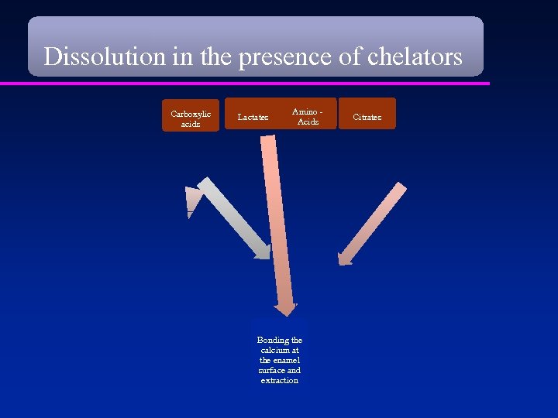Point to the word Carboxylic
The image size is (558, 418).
click(191, 114)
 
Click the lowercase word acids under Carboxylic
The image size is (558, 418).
click(191, 124)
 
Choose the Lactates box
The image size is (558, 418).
click(253, 117)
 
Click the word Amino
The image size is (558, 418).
click(305, 112)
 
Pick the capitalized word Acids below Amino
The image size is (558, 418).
click(308, 122)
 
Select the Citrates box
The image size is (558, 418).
click(367, 117)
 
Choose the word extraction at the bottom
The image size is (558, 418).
click(280, 380)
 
